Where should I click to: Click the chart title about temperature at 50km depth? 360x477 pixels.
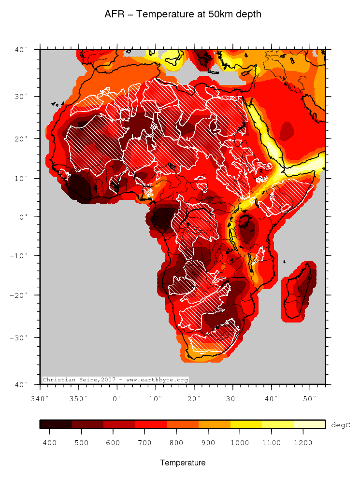click(x=183, y=14)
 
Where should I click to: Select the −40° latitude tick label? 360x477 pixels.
click(x=20, y=384)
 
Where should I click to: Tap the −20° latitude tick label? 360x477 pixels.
click(x=20, y=295)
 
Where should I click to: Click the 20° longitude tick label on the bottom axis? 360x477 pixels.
click(x=194, y=399)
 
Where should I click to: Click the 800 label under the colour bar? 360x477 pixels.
click(x=176, y=443)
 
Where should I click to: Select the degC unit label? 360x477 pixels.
click(x=340, y=425)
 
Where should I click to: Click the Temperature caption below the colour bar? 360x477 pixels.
click(x=183, y=463)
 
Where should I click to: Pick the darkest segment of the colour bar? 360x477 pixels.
click(x=56, y=424)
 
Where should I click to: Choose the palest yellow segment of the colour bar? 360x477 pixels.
click(x=309, y=424)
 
